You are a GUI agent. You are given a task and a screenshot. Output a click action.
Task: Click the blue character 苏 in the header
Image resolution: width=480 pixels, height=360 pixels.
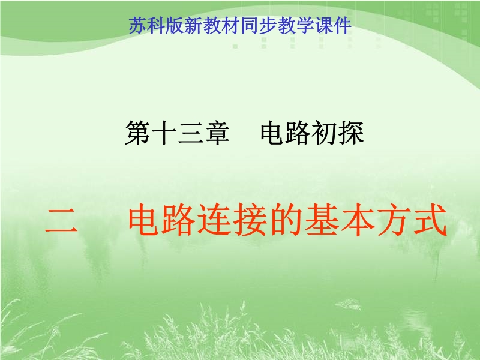(x=137, y=25)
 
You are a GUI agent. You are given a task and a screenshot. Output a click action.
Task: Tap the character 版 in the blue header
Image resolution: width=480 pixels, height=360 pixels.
(x=175, y=25)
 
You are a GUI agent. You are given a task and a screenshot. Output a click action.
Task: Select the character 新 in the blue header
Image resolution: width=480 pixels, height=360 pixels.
(x=193, y=25)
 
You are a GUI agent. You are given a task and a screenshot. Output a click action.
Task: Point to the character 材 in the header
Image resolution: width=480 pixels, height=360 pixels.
(x=230, y=25)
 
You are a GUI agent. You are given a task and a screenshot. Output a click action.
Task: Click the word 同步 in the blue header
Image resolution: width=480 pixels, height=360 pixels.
(x=259, y=25)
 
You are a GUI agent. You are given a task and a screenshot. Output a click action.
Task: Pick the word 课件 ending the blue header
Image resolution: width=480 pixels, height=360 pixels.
(x=333, y=25)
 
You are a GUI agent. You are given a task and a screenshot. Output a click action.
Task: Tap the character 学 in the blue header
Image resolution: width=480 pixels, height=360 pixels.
(x=305, y=25)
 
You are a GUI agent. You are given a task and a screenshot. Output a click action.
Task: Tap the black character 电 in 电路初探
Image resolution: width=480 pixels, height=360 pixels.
(x=272, y=132)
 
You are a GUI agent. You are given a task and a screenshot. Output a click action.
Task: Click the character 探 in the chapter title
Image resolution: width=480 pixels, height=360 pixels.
(x=351, y=132)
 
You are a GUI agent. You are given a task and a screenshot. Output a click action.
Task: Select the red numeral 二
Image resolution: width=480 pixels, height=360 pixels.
(x=61, y=220)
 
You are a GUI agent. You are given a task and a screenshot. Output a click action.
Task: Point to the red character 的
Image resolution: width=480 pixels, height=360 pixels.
(x=287, y=220)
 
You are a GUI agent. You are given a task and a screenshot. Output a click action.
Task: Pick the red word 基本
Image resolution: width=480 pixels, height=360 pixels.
(x=340, y=220)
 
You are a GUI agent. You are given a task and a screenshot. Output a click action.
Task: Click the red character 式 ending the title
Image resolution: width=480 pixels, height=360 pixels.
(x=429, y=220)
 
